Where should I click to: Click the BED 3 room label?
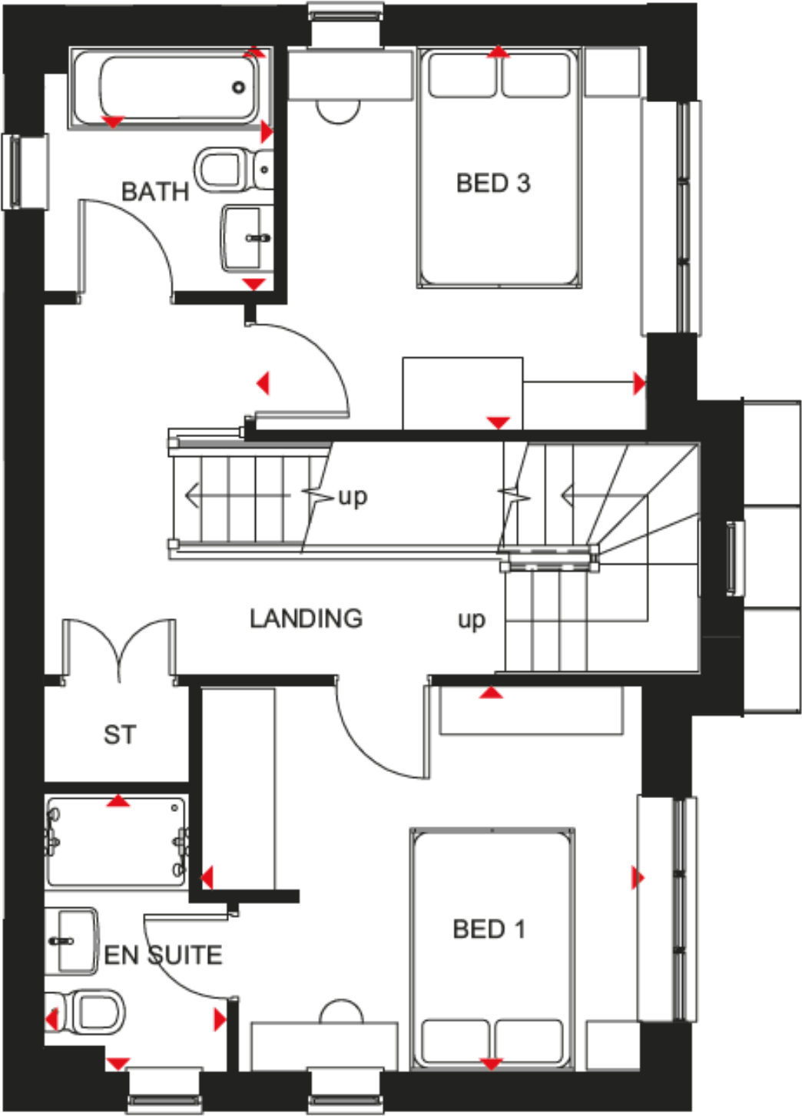492,183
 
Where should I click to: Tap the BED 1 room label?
489,929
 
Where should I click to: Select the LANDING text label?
306,618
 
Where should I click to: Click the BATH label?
155,191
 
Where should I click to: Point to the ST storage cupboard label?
120,735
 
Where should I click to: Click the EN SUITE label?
163,955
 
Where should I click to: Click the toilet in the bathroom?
227,170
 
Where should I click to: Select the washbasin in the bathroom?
244,237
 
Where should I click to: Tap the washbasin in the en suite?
72,941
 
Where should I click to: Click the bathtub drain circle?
239,88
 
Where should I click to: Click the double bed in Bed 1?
492,948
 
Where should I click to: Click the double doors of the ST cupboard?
119,649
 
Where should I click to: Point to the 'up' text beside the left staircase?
353,497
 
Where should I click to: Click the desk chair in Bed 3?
338,111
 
